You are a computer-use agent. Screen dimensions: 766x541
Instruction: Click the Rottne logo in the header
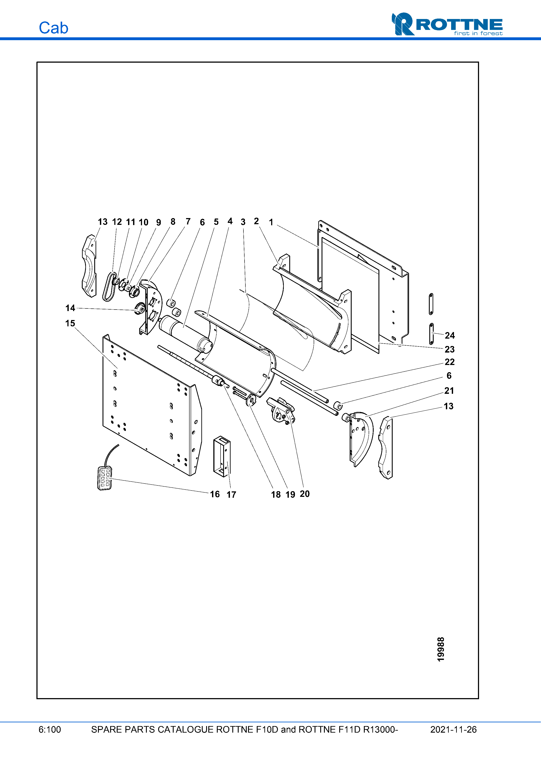click(x=447, y=24)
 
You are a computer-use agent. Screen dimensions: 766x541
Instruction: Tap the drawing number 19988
click(x=441, y=649)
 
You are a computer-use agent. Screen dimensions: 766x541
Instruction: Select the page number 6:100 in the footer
click(x=50, y=729)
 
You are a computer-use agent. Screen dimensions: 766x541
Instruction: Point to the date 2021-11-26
click(x=453, y=729)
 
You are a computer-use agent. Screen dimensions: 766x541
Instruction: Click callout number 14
click(x=70, y=308)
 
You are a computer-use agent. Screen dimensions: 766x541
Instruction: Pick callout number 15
click(x=70, y=323)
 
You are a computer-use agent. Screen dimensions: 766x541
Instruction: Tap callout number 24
click(x=450, y=335)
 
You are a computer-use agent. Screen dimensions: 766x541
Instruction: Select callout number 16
click(x=215, y=494)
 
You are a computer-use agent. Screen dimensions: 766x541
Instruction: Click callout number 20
click(x=305, y=494)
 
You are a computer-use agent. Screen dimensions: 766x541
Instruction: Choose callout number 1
click(x=271, y=222)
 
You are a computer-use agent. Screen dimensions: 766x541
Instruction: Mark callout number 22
click(x=450, y=362)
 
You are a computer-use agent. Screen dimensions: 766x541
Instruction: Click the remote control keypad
click(x=105, y=478)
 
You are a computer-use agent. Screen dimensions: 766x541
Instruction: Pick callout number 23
click(x=450, y=349)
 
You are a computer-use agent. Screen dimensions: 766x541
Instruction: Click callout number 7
click(x=188, y=222)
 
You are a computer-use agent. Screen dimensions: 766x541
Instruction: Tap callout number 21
click(x=449, y=391)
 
